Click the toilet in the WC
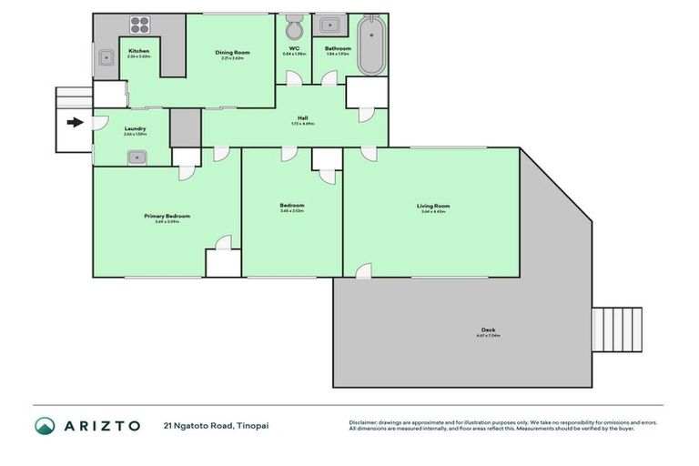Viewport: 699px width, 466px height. pyautogui.click(x=294, y=27)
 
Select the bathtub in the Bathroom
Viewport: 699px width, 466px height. pyautogui.click(x=370, y=46)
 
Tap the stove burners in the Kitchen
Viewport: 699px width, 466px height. pyautogui.click(x=141, y=26)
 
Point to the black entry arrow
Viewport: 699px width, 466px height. pyautogui.click(x=75, y=122)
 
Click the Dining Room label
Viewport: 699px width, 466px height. pyautogui.click(x=232, y=53)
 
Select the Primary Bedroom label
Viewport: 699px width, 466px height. pyautogui.click(x=167, y=216)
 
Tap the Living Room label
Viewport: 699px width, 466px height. pyautogui.click(x=433, y=207)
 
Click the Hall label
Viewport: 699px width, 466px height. pyautogui.click(x=303, y=118)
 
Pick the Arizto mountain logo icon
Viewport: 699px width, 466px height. pyautogui.click(x=45, y=426)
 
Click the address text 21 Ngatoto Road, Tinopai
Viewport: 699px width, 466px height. pyautogui.click(x=216, y=426)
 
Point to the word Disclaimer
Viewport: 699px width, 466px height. pyautogui.click(x=364, y=422)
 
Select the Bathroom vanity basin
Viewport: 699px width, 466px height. pyautogui.click(x=329, y=25)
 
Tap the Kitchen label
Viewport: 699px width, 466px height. pyautogui.click(x=138, y=51)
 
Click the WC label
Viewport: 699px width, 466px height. pyautogui.click(x=294, y=48)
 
